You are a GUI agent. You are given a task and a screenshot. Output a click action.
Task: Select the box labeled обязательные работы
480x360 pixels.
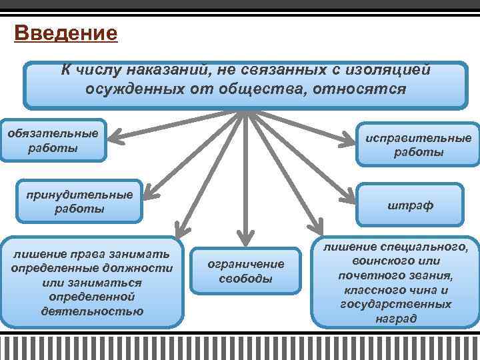coord(53,141)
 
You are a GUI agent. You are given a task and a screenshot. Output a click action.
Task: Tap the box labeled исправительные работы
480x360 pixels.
coord(418,144)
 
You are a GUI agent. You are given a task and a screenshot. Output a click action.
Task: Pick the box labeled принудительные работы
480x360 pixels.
coord(79,201)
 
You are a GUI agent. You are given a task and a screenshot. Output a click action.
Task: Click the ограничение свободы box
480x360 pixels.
coord(245,271)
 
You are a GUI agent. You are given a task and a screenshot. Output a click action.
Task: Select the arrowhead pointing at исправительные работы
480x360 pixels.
coord(349,141)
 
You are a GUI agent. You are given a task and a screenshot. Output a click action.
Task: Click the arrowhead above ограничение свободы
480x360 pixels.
coord(245,235)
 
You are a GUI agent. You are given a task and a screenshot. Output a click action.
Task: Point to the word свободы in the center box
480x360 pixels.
coord(245,278)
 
